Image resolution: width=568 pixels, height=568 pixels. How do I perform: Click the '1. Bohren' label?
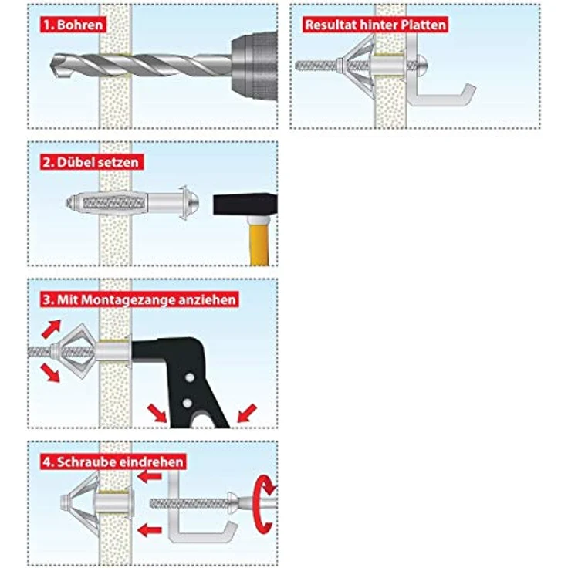(x=73, y=24)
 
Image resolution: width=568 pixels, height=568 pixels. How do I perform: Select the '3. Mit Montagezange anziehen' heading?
(x=139, y=299)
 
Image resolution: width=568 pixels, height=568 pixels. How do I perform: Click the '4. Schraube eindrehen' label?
(x=113, y=461)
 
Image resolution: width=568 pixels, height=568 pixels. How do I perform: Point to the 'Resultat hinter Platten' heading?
(x=375, y=24)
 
